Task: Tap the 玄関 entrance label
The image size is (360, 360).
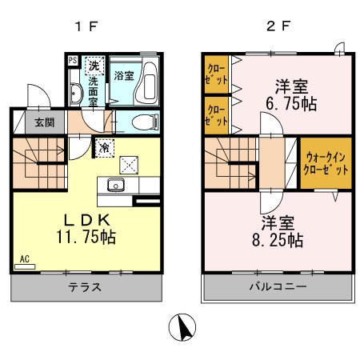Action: [33, 122]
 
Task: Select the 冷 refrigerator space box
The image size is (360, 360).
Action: [106, 147]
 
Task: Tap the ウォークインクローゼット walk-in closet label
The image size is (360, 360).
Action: [326, 163]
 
